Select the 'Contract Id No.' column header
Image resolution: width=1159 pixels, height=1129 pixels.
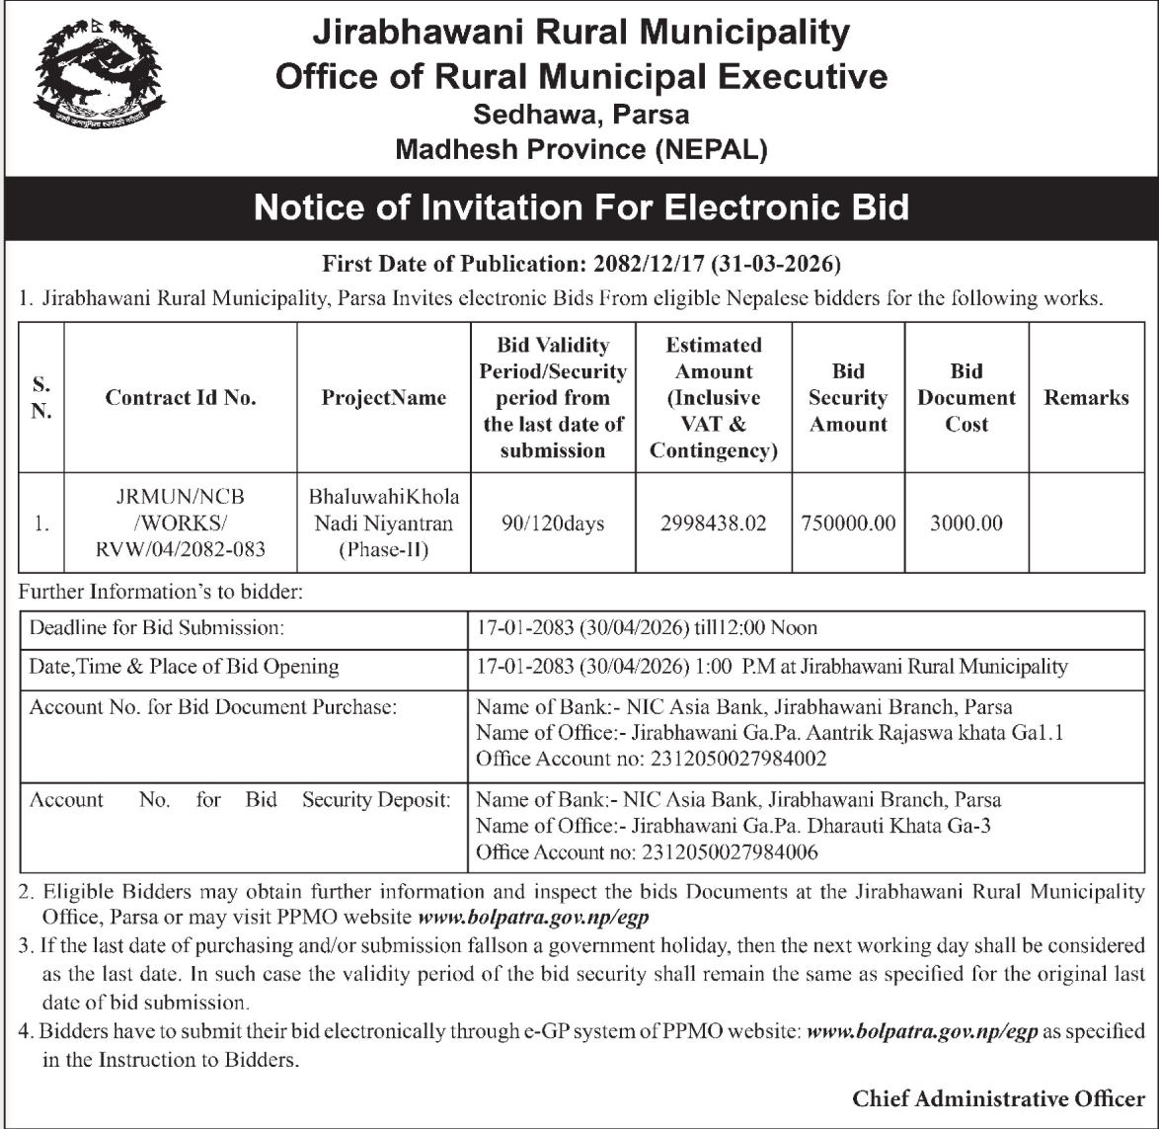181,398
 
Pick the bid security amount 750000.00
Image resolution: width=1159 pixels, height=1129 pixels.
848,524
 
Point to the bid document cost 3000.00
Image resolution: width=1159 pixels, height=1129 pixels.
966,524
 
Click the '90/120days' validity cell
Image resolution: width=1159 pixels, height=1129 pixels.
553,524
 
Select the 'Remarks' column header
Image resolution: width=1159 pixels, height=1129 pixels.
1086,398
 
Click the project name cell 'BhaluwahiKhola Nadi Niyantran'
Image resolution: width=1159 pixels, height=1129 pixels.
384,523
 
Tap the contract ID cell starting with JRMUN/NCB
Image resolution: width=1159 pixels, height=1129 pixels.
181,523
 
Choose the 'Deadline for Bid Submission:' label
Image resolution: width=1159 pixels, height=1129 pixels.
158,627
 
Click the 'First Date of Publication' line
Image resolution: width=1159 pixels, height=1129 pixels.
580,264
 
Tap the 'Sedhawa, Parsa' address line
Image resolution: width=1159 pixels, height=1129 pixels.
580,115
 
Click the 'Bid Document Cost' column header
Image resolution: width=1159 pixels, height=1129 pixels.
966,398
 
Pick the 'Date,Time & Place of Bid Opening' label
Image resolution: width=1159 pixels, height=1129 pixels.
185,667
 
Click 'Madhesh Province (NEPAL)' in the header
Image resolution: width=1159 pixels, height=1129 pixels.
580,149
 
